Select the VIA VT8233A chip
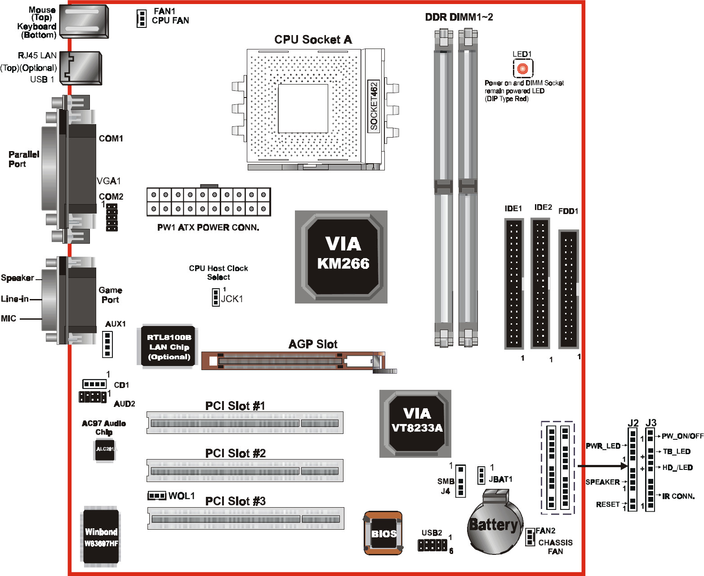[x=415, y=423]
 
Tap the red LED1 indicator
[x=522, y=68]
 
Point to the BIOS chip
[x=383, y=533]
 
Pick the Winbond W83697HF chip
[x=101, y=536]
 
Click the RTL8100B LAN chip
[x=169, y=347]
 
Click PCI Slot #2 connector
[x=245, y=471]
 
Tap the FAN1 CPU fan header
[x=142, y=18]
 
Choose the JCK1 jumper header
[x=216, y=297]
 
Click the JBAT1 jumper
[x=481, y=475]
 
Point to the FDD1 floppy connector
[x=568, y=289]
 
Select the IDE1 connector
[x=514, y=283]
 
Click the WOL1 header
[x=157, y=496]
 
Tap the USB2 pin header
[x=432, y=545]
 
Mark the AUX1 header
[x=107, y=344]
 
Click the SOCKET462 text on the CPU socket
[x=374, y=106]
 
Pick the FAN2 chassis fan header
[x=530, y=537]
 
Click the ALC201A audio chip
[x=105, y=449]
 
